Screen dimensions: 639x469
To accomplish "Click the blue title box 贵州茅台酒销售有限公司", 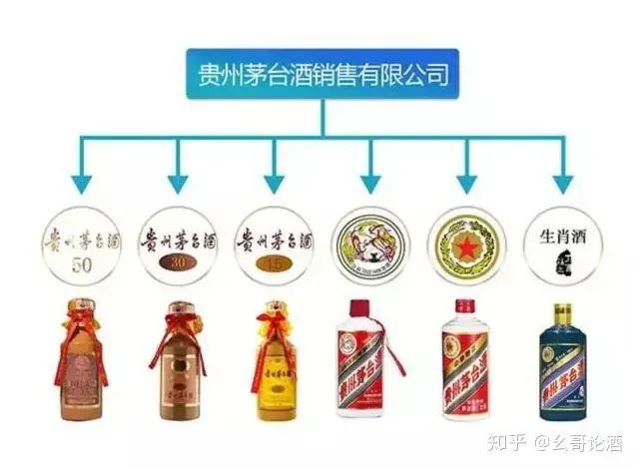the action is (321, 73).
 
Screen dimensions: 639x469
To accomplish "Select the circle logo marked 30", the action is (177, 240).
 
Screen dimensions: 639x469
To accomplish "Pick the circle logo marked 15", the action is (274, 240).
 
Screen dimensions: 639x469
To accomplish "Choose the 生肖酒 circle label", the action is (561, 240).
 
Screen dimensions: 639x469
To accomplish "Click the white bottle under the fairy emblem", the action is (369, 364).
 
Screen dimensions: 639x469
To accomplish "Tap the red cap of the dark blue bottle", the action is (561, 312).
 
